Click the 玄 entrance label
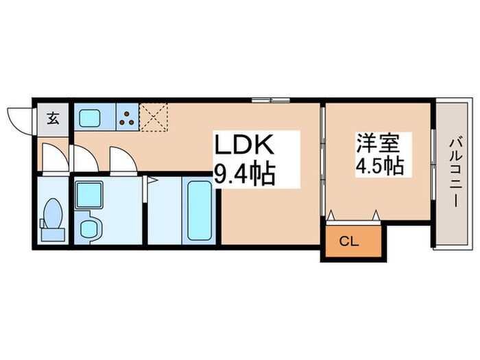coord(53,117)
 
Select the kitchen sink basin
coord(91,117)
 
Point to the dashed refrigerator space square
coord(153,117)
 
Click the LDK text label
coord(245,146)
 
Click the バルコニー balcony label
coord(454,171)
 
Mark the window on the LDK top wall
coord(272,101)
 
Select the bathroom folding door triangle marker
coord(152,181)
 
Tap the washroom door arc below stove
coord(123,160)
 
